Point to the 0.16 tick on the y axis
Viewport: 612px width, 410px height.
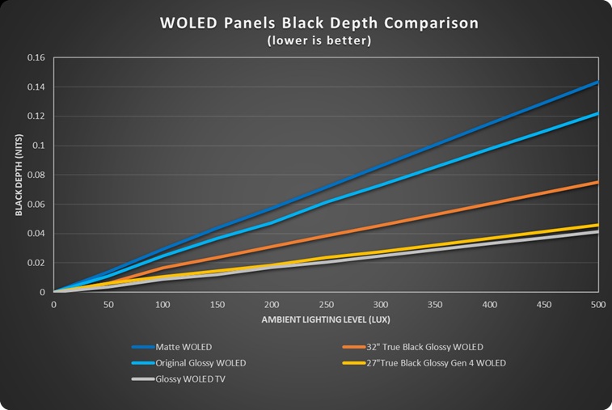click(36, 58)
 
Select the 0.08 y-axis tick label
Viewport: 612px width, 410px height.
click(36, 175)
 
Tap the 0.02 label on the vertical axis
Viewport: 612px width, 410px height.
click(36, 263)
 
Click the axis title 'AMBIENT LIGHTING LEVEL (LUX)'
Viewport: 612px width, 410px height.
click(324, 320)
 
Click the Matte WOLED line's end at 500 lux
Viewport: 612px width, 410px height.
click(598, 82)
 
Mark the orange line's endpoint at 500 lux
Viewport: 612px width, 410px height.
click(598, 182)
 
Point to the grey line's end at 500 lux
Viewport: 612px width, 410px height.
click(598, 232)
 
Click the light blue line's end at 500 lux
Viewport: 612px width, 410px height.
click(598, 113)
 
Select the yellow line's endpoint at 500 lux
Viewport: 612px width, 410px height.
click(598, 225)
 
